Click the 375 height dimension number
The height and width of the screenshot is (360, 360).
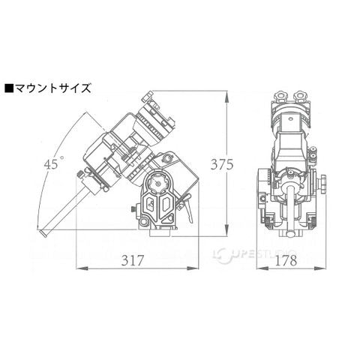coord(222,164)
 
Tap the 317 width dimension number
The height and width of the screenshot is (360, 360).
coord(133,260)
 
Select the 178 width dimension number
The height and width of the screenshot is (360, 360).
coord(286,260)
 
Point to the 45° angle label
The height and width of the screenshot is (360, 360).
coord(54,163)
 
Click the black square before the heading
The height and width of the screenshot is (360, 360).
coord(9,88)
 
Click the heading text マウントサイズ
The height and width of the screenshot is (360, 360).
coord(52,88)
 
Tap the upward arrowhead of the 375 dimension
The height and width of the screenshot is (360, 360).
coord(226,97)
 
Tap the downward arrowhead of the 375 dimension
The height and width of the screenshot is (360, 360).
coord(226,230)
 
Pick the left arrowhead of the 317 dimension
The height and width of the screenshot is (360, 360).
coord(82,268)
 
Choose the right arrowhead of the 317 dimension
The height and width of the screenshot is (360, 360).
coord(193,268)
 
